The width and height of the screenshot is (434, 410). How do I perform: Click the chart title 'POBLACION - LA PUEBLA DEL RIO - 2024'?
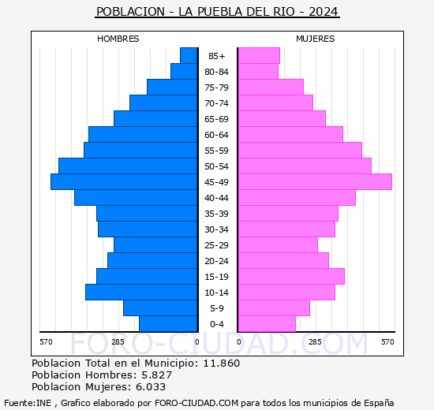click(x=217, y=12)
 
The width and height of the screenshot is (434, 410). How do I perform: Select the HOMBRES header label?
click(x=118, y=39)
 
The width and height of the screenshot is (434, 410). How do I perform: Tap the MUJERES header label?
click(x=315, y=39)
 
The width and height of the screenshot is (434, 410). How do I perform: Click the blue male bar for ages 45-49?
click(x=124, y=182)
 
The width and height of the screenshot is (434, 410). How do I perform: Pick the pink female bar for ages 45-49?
click(x=314, y=182)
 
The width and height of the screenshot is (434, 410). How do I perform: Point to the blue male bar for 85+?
click(x=189, y=56)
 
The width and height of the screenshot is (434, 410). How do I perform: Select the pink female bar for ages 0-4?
click(x=266, y=324)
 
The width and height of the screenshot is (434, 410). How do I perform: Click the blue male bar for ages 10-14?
click(x=141, y=293)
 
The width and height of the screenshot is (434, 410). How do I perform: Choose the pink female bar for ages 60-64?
click(x=290, y=135)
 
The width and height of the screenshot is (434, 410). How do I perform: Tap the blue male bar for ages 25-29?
click(x=155, y=245)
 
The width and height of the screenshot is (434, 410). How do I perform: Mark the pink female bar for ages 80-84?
click(x=257, y=72)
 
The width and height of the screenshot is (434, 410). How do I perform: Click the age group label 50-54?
click(x=216, y=166)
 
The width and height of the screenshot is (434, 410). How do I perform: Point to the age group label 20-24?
click(x=216, y=261)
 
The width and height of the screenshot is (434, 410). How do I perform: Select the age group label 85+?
click(x=216, y=56)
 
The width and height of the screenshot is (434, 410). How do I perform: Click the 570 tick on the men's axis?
click(x=46, y=341)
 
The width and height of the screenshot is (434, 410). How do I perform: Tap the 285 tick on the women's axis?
click(x=315, y=341)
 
